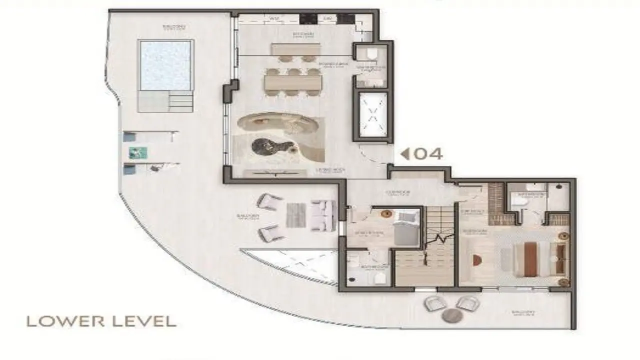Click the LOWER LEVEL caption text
101,321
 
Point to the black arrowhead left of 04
405,154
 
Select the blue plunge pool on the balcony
166,65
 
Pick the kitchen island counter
296,49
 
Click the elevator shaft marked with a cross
372,114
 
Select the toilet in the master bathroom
520,200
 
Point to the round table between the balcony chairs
452,315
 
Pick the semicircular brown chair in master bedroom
476,260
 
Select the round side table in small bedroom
385,214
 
